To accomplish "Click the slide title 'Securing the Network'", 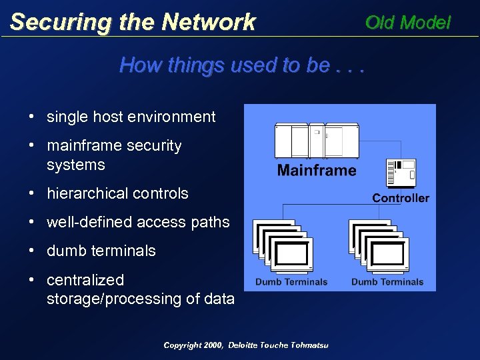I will click(133, 22).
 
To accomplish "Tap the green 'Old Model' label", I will click(408, 23).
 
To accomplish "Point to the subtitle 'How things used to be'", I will click(225, 65).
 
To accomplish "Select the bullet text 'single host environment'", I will click(131, 117).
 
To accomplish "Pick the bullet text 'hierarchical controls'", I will click(117, 193).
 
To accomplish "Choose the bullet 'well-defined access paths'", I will click(138, 222).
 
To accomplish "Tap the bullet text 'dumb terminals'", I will click(101, 251).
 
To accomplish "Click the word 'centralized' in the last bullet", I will click(85, 279).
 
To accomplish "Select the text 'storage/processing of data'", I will click(141, 299).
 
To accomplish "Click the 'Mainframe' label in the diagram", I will click(317, 171).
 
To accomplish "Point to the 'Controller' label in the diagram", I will click(401, 198).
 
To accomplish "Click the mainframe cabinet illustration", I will click(317, 141).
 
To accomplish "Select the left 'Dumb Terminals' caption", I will click(291, 282).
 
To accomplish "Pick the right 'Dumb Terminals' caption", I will click(387, 282).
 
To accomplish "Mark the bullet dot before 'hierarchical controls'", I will click(31, 193).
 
